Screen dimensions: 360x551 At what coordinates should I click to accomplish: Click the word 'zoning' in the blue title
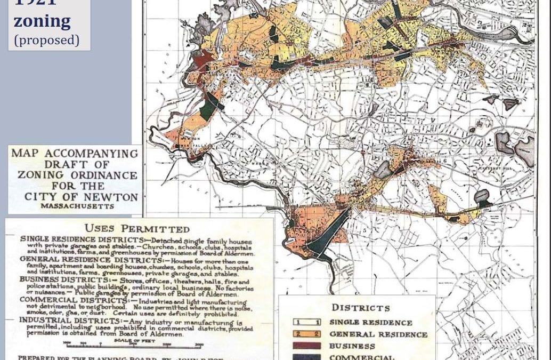click(42, 21)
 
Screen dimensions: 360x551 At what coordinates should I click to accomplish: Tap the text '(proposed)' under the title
click(46, 40)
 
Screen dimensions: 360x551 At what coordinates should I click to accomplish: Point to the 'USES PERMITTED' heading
click(137, 228)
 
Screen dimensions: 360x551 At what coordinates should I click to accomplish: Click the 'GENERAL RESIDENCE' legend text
click(378, 334)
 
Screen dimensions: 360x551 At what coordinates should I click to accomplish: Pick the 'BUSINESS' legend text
click(352, 346)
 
